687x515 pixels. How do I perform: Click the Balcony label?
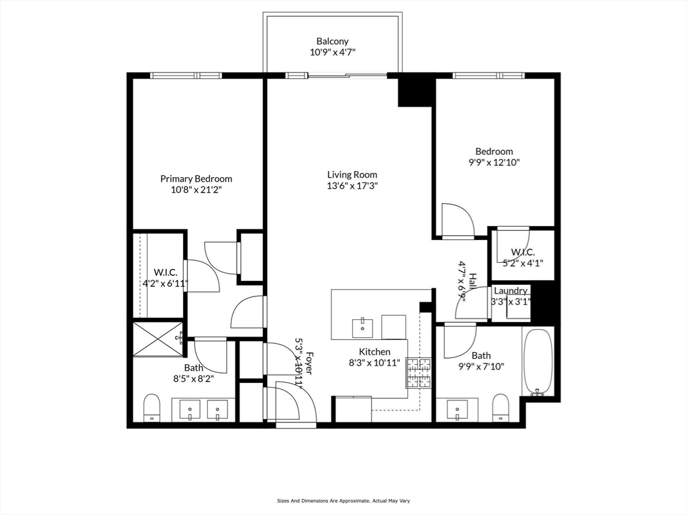(333, 41)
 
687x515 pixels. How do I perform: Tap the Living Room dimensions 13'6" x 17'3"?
(352, 185)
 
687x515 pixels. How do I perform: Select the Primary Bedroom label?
(196, 178)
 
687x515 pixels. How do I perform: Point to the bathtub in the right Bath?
(537, 361)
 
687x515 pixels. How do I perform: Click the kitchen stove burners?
(419, 373)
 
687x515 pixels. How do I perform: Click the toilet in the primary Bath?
(152, 407)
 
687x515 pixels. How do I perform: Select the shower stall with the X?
(157, 339)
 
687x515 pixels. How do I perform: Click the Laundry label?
(511, 291)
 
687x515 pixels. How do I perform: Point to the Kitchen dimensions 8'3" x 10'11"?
(374, 363)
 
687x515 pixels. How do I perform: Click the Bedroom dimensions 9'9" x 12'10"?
(494, 162)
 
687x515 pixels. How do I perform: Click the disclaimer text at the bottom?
(343, 500)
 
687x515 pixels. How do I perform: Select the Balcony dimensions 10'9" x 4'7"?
(333, 52)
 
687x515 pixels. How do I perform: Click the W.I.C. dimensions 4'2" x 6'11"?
(165, 284)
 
